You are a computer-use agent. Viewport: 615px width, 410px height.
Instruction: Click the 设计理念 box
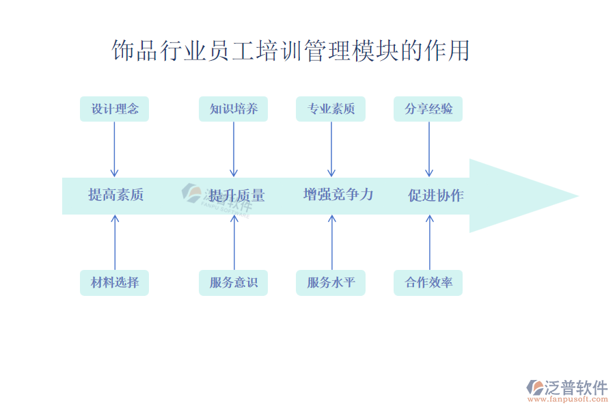point(114,109)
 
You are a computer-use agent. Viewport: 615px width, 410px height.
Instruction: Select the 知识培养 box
point(233,109)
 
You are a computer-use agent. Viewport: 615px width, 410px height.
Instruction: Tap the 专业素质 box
point(331,109)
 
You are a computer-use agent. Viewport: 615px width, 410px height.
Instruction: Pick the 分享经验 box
point(428,109)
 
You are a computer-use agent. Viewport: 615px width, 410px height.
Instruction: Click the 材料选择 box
point(114,282)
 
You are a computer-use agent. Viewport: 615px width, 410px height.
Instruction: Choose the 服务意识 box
point(233,282)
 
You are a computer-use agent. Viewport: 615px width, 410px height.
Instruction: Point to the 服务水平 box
point(331,282)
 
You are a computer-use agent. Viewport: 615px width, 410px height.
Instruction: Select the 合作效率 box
point(428,282)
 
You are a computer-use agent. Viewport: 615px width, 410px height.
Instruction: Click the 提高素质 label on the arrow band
point(116,195)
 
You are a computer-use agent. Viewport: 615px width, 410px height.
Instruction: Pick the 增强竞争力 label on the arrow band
point(338,195)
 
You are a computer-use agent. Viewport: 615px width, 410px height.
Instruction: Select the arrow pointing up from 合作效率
point(429,243)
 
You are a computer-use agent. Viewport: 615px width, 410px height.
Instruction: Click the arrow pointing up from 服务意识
point(234,243)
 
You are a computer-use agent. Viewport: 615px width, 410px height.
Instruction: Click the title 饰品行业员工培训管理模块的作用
point(291,51)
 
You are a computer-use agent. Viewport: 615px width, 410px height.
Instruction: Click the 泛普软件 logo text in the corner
point(575,388)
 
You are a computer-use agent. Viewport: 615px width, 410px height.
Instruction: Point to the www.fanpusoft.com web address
point(570,401)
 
